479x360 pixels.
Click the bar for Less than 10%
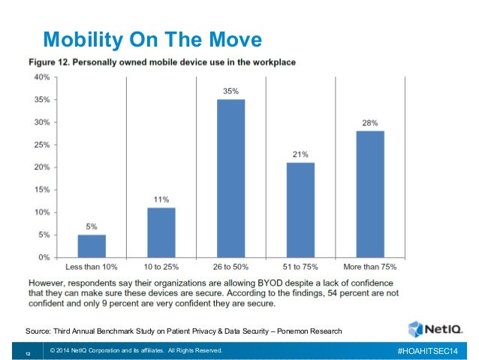[x=92, y=246]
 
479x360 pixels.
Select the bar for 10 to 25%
[x=161, y=232]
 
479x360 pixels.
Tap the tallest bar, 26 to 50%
[x=230, y=178]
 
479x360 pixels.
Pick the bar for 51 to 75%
[x=300, y=210]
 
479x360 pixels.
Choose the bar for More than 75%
[x=370, y=194]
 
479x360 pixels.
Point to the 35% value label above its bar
[x=230, y=91]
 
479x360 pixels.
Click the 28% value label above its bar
[x=370, y=123]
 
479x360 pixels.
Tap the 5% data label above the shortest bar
[x=92, y=225]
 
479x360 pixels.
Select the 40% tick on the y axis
[x=41, y=77]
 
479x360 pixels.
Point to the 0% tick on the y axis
[x=44, y=257]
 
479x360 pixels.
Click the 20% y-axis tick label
[x=41, y=167]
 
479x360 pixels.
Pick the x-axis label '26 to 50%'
[x=230, y=267]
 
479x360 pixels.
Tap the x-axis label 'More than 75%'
[x=370, y=267]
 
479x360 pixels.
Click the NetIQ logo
[x=433, y=328]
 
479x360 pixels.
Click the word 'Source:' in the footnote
[x=40, y=331]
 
